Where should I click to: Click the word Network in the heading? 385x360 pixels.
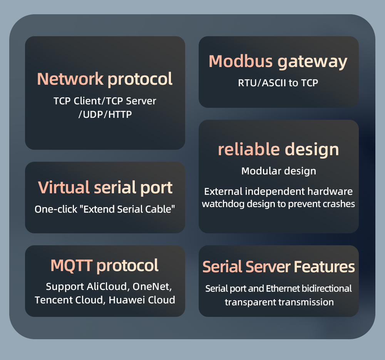(70, 79)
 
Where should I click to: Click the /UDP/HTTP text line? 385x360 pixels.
(105, 114)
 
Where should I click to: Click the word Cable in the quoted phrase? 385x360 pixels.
(161, 209)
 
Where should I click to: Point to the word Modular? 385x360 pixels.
(258, 171)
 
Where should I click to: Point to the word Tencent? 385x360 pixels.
(52, 300)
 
